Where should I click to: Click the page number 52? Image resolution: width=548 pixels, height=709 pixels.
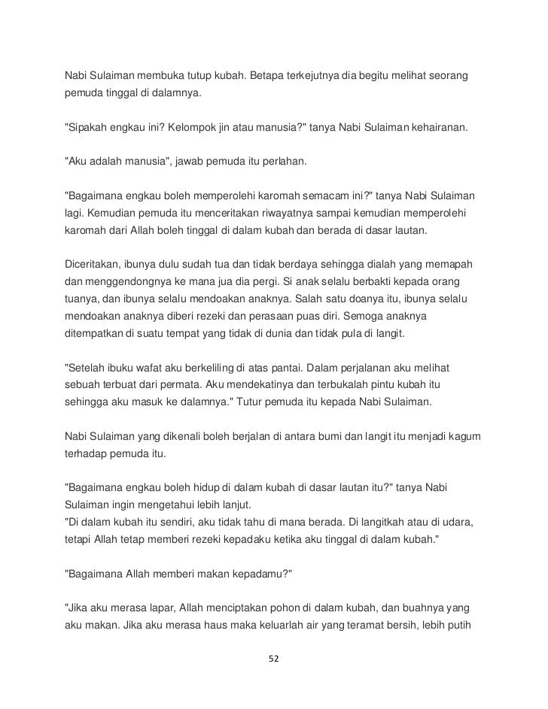point(274,659)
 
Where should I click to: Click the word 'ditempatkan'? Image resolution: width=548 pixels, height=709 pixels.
point(92,332)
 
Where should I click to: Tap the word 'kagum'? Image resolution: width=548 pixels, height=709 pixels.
point(466,437)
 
